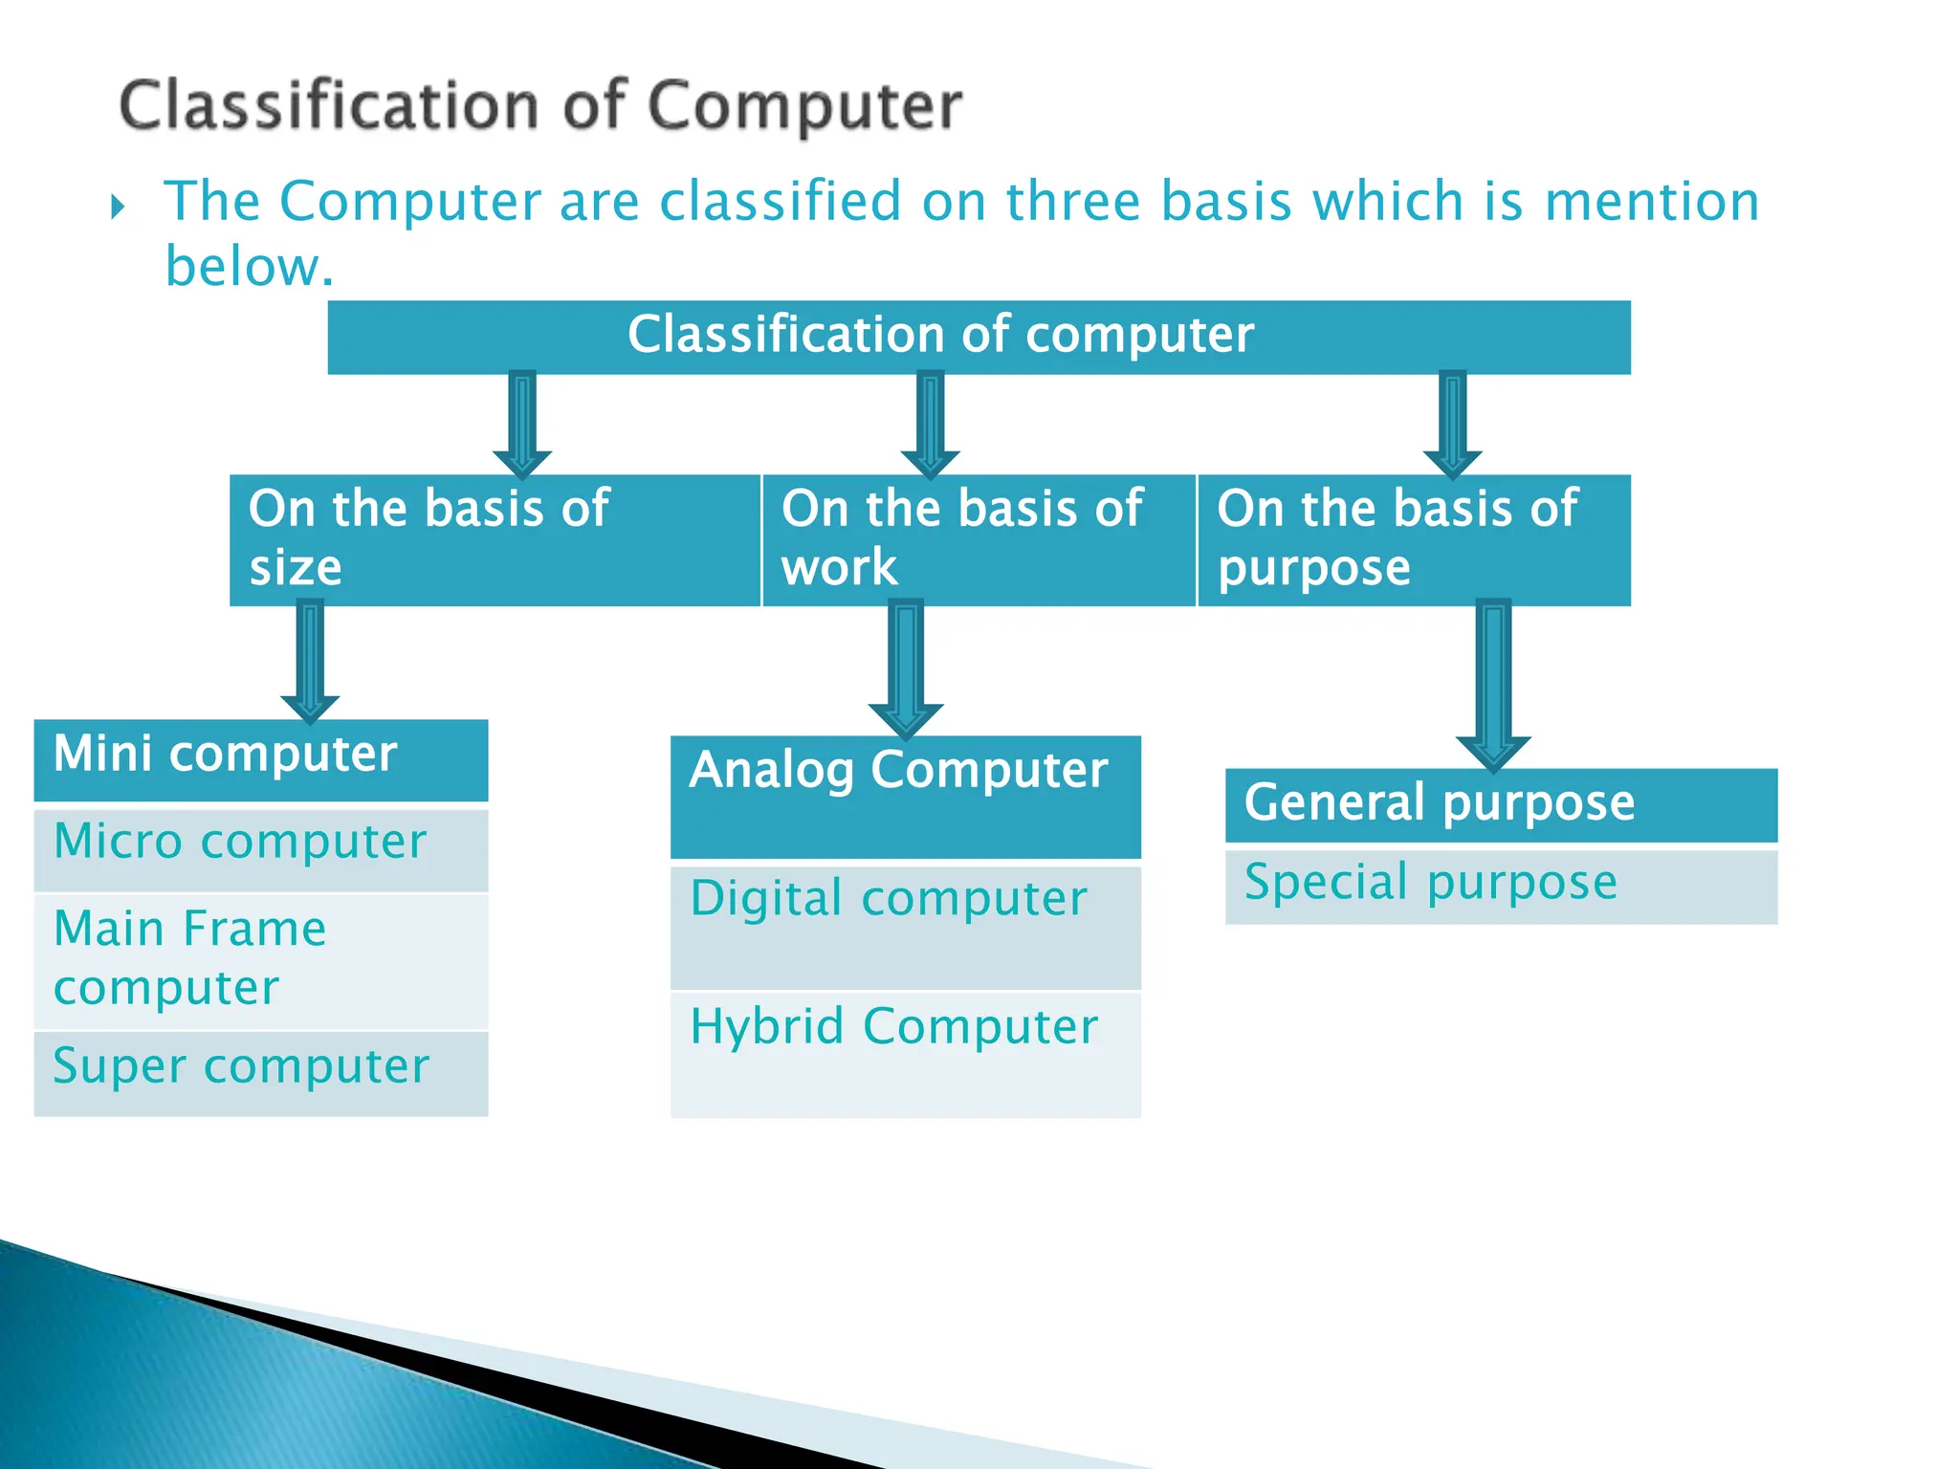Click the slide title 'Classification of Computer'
[x=540, y=105]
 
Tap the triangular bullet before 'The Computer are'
[x=118, y=207]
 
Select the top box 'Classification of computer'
[x=979, y=337]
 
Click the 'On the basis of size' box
[x=495, y=539]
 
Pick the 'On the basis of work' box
[x=979, y=539]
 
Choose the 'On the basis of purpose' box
[x=1414, y=539]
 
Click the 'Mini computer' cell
[x=260, y=759]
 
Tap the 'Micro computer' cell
[x=260, y=849]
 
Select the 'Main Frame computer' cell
[x=260, y=959]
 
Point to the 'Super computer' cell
[x=260, y=1072]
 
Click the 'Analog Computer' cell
[x=905, y=796]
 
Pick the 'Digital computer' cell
[x=905, y=926]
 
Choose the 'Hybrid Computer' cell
[x=905, y=1054]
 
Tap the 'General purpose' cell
[x=1501, y=804]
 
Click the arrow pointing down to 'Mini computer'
[x=310, y=660]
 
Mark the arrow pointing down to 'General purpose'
[x=1493, y=684]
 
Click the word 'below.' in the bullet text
[x=250, y=267]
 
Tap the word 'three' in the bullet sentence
[x=1073, y=202]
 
